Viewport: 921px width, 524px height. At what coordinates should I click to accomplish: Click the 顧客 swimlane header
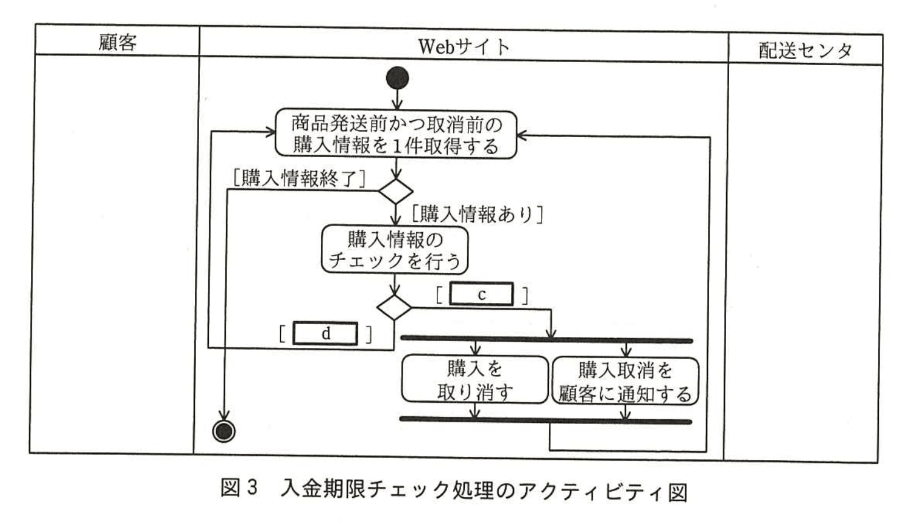[118, 42]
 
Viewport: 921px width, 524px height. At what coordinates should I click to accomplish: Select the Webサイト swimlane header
[464, 46]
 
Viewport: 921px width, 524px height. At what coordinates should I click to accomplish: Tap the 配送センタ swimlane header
[805, 50]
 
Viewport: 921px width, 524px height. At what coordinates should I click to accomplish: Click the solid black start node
[397, 78]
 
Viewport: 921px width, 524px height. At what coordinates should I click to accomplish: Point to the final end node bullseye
[224, 431]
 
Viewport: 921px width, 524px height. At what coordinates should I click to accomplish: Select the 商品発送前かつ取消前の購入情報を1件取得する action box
[396, 135]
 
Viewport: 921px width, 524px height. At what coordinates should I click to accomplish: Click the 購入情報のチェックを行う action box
[395, 249]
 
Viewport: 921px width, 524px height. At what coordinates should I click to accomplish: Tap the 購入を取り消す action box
[475, 380]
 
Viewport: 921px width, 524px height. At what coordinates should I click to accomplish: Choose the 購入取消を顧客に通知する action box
[625, 381]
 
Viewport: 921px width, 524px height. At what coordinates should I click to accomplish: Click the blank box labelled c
[481, 294]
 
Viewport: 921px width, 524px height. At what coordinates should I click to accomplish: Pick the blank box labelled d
[325, 333]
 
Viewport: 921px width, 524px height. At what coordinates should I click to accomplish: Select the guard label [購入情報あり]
[477, 214]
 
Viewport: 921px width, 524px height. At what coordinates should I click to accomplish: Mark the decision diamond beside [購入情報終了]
[396, 191]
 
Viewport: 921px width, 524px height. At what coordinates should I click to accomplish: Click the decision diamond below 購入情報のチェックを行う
[394, 307]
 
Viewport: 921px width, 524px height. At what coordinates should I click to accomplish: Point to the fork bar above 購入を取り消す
[546, 339]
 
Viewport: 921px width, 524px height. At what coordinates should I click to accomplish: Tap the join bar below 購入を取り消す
[545, 420]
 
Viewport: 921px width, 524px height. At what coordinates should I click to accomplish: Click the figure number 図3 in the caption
[239, 488]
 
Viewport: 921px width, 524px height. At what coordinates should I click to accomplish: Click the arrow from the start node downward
[397, 99]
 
